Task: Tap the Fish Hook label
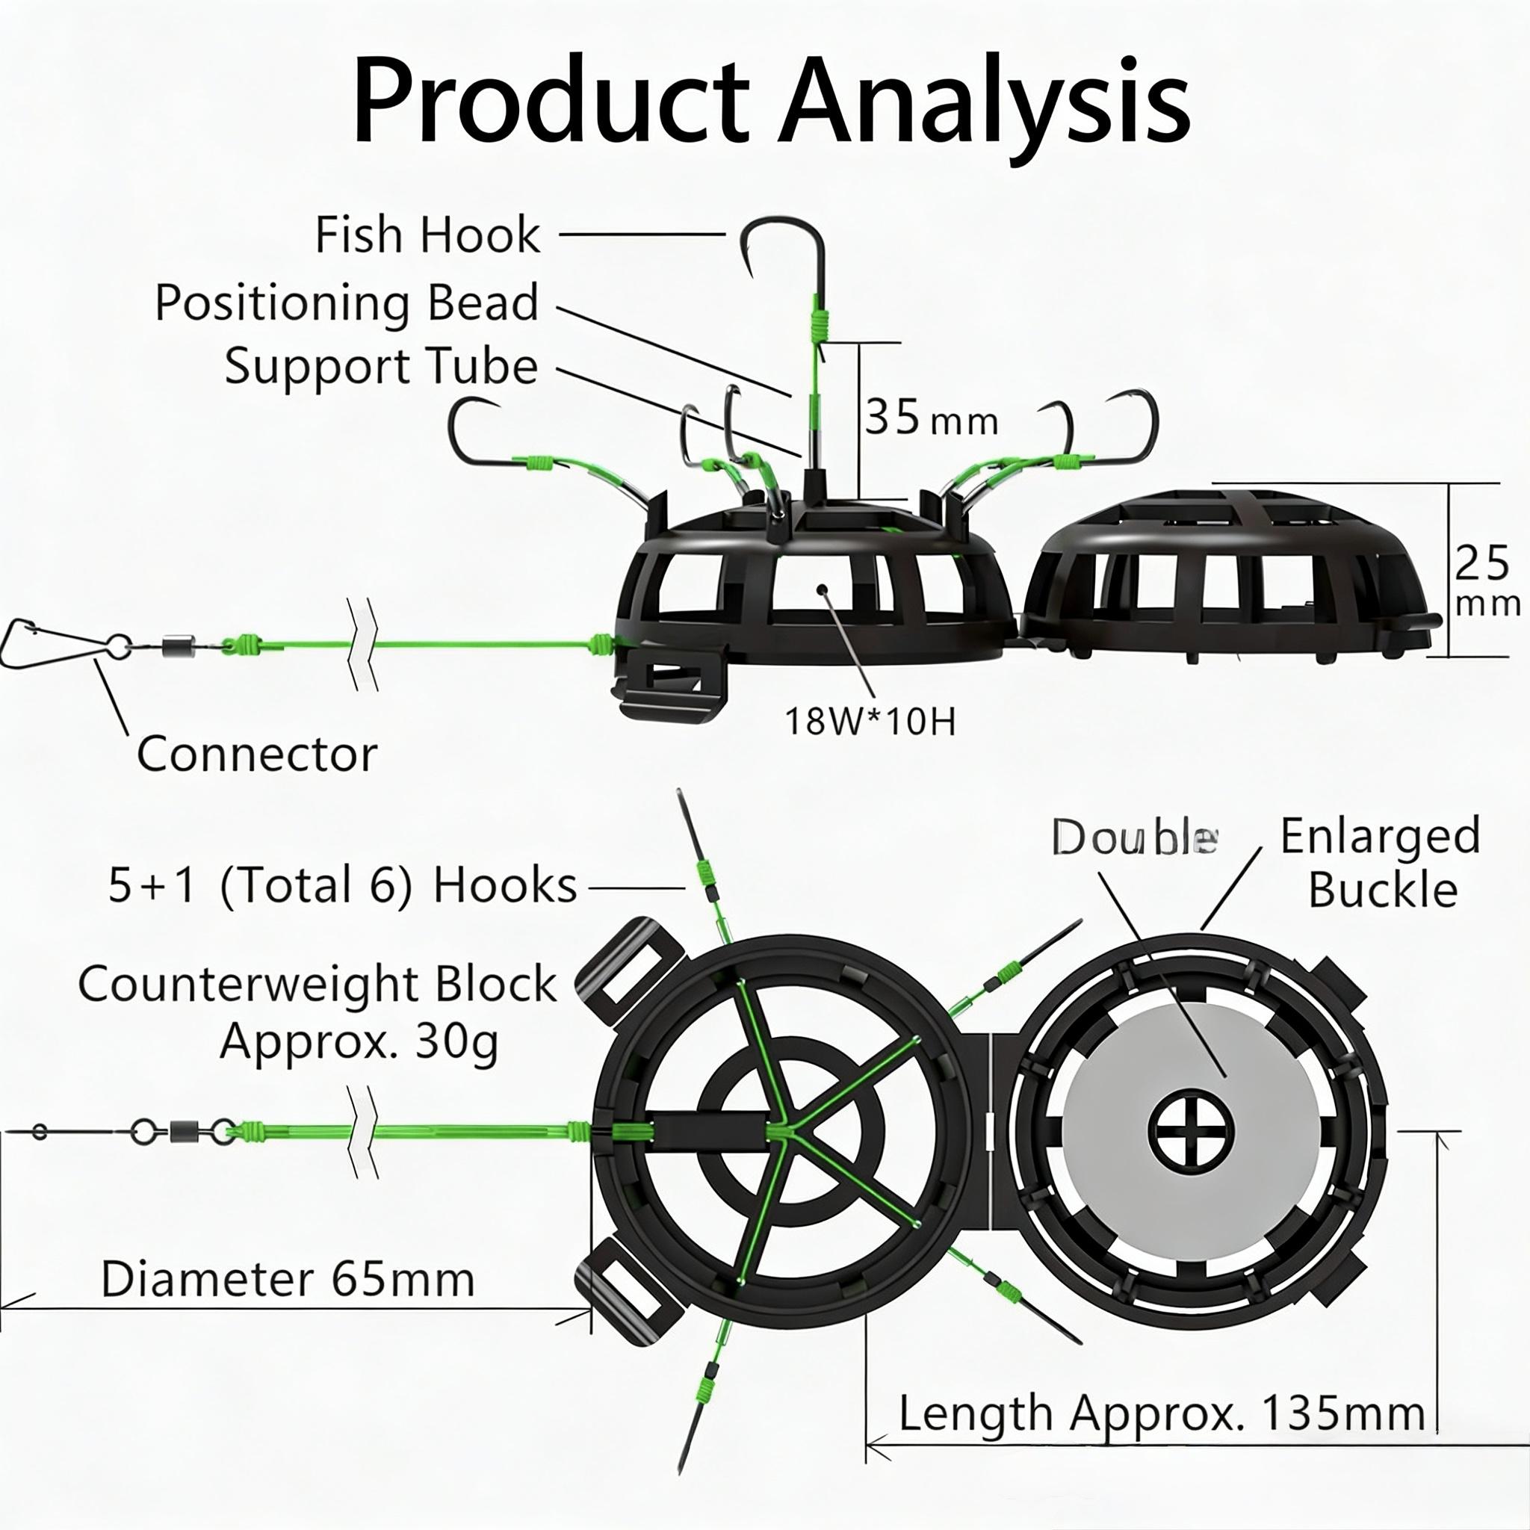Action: coord(427,235)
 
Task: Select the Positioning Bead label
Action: coord(346,303)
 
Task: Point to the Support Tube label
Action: coord(381,366)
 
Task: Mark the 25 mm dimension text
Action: coord(1486,581)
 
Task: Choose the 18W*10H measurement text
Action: coord(870,721)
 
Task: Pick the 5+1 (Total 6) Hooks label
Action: coord(342,885)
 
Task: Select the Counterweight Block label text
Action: coord(317,985)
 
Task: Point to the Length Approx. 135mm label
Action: coord(1162,1413)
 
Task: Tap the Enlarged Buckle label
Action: coord(1381,862)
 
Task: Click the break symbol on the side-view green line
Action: coord(362,643)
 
